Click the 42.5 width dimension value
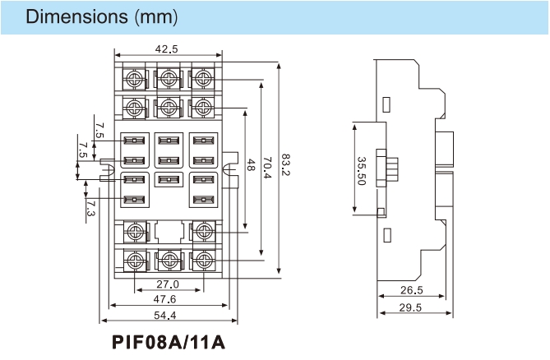tap(166, 49)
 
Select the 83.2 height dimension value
tap(285, 165)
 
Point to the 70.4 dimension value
tap(267, 168)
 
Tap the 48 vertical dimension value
tap(251, 165)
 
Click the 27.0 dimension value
tap(168, 284)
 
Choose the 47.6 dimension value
tap(164, 299)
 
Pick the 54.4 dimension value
tap(165, 315)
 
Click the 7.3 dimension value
tap(90, 208)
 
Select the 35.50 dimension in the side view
tap(361, 171)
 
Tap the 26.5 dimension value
tap(412, 290)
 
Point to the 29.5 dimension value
tap(410, 307)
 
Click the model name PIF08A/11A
tap(169, 342)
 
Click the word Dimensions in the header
tap(76, 16)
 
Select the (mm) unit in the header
tap(156, 16)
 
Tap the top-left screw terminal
tap(134, 79)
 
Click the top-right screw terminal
tap(203, 79)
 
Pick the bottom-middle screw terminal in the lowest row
tap(169, 261)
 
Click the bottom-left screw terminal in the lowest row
tap(135, 261)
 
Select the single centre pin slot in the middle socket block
tap(169, 180)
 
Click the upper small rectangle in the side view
tap(386, 104)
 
